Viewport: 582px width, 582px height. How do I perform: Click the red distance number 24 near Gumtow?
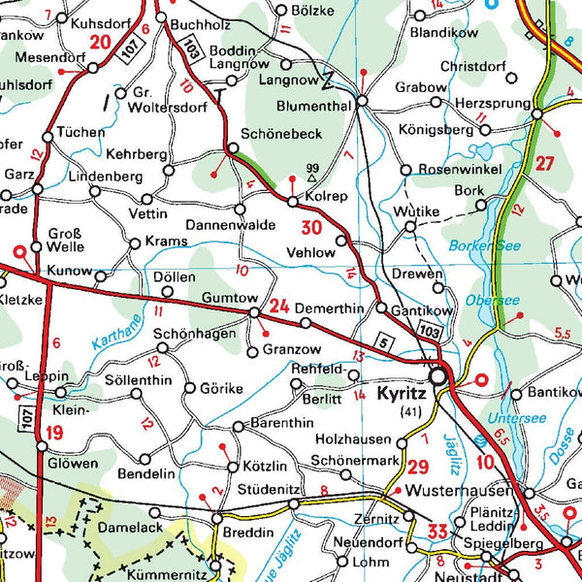[279, 307]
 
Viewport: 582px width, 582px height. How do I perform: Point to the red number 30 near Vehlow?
[310, 229]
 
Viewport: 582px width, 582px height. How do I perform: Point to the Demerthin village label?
[330, 307]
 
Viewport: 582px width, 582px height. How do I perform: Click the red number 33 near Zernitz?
[437, 531]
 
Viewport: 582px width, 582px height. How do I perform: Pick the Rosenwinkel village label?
[460, 170]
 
